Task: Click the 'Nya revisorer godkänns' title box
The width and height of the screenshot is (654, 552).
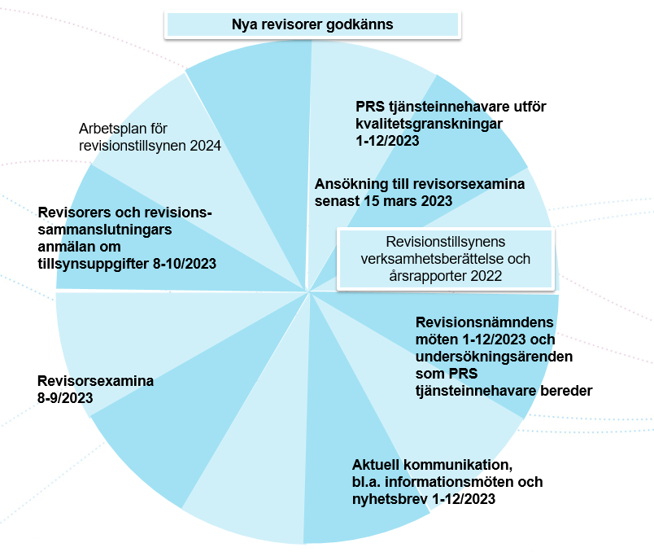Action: click(313, 24)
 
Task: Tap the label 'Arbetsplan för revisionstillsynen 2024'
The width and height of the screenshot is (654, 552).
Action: click(150, 138)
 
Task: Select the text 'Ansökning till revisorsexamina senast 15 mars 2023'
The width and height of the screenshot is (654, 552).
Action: click(419, 192)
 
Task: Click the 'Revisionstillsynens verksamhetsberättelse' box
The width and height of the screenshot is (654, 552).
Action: click(445, 258)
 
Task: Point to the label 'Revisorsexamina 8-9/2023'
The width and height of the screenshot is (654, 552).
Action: click(95, 389)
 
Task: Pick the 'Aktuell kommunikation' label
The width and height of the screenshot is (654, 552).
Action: click(432, 466)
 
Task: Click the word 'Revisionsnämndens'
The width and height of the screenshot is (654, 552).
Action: click(485, 322)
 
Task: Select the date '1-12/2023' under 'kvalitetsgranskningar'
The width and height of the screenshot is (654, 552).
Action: click(387, 140)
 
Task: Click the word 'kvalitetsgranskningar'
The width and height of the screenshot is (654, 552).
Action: click(429, 124)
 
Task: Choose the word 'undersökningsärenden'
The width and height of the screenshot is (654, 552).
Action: click(493, 357)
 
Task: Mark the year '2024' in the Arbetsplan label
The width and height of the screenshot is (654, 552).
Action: click(207, 146)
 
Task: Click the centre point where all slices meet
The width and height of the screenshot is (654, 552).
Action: click(309, 291)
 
